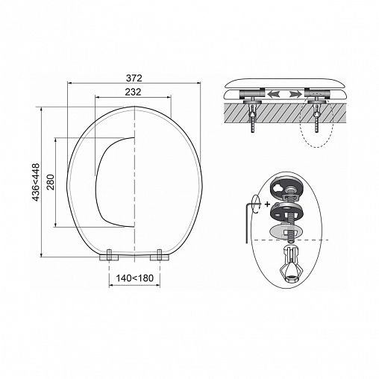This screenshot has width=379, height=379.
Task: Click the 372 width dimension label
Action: (x=134, y=78)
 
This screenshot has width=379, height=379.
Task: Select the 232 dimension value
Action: (x=133, y=92)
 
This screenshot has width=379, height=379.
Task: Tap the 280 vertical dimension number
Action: (x=51, y=182)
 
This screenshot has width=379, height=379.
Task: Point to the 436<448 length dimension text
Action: (x=36, y=182)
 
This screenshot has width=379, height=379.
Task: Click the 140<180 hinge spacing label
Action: (x=135, y=278)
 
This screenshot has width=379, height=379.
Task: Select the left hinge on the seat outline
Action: (x=109, y=255)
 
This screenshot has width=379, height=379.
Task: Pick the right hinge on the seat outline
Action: (x=160, y=255)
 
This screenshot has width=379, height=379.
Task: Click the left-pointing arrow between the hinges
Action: (x=273, y=94)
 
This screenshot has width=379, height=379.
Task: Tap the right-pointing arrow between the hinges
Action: (x=295, y=94)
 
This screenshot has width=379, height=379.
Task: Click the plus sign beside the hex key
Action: (x=267, y=204)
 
